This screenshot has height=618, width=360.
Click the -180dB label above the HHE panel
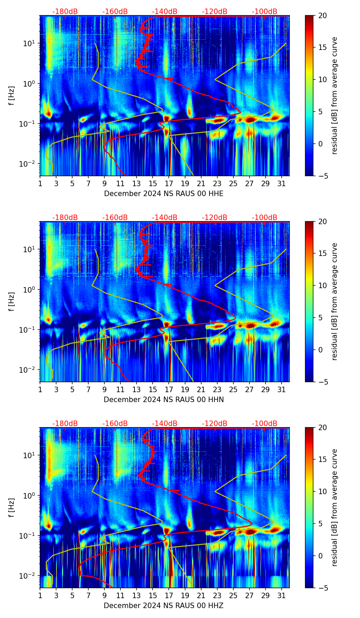65,12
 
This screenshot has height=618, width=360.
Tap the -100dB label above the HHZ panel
265,424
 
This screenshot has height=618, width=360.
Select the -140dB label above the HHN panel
165,218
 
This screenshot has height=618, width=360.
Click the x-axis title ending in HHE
164,194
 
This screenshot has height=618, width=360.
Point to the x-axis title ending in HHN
164,400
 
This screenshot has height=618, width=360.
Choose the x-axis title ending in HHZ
164,606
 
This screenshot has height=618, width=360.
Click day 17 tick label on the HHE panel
169,184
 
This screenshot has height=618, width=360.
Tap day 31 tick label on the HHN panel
281,390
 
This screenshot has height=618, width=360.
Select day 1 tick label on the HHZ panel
40,596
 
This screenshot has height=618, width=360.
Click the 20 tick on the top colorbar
322,15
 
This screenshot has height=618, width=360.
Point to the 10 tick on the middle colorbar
322,285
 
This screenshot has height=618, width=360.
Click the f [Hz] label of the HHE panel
12,96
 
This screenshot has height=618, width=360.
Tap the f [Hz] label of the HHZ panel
12,508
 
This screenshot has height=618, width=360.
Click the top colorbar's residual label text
334,96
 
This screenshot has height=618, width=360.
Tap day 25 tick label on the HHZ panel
233,596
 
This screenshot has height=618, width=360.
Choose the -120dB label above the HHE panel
215,12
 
